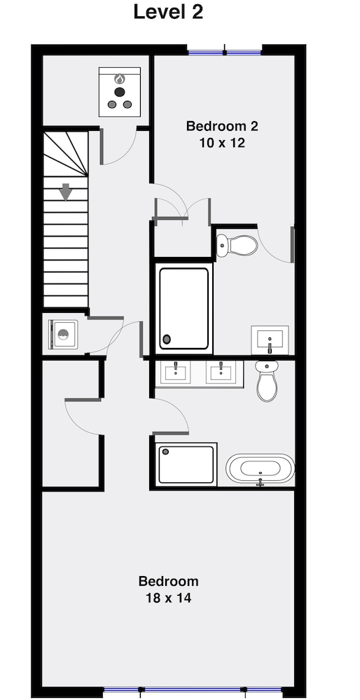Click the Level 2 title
[x=168, y=12]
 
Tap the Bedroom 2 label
[x=222, y=126]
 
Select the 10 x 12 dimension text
[x=222, y=143]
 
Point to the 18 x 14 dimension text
[x=168, y=598]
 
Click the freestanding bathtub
[x=261, y=469]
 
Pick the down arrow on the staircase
[x=66, y=192]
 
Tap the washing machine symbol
[x=63, y=335]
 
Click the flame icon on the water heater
[x=119, y=79]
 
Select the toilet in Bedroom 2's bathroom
[x=237, y=245]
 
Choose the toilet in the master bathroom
[x=267, y=380]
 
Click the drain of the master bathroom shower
[x=166, y=451]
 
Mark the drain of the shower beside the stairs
[x=167, y=339]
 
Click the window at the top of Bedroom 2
[x=225, y=52]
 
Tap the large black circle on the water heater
[x=119, y=92]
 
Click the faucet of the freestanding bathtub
[x=261, y=482]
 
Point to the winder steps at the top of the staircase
[x=66, y=153]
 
